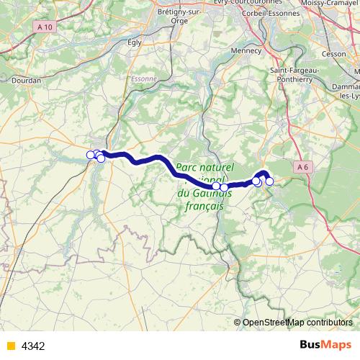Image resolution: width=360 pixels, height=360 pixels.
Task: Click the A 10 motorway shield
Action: [x=45, y=27]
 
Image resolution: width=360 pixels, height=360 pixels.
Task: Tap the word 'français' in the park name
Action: [x=201, y=205]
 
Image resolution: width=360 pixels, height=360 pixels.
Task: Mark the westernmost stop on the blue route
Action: [x=91, y=154]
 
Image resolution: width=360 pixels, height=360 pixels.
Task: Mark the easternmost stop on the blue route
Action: [x=269, y=181]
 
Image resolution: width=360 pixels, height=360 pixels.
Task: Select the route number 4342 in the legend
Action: [x=33, y=346]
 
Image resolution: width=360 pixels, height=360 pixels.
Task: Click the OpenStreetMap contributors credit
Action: [x=297, y=323]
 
